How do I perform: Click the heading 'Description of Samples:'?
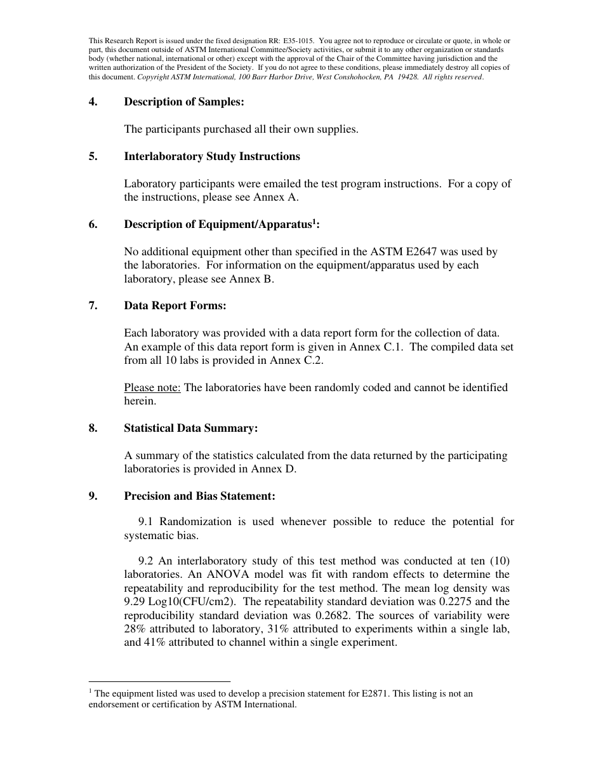point(183,102)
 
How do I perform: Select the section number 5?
point(93,156)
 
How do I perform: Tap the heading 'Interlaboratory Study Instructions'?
point(212,156)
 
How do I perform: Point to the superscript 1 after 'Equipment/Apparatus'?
point(314,222)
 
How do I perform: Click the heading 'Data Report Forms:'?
point(175,305)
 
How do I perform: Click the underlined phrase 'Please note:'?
point(152,387)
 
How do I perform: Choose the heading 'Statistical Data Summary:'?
point(190,428)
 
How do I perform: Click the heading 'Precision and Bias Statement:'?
point(199,496)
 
